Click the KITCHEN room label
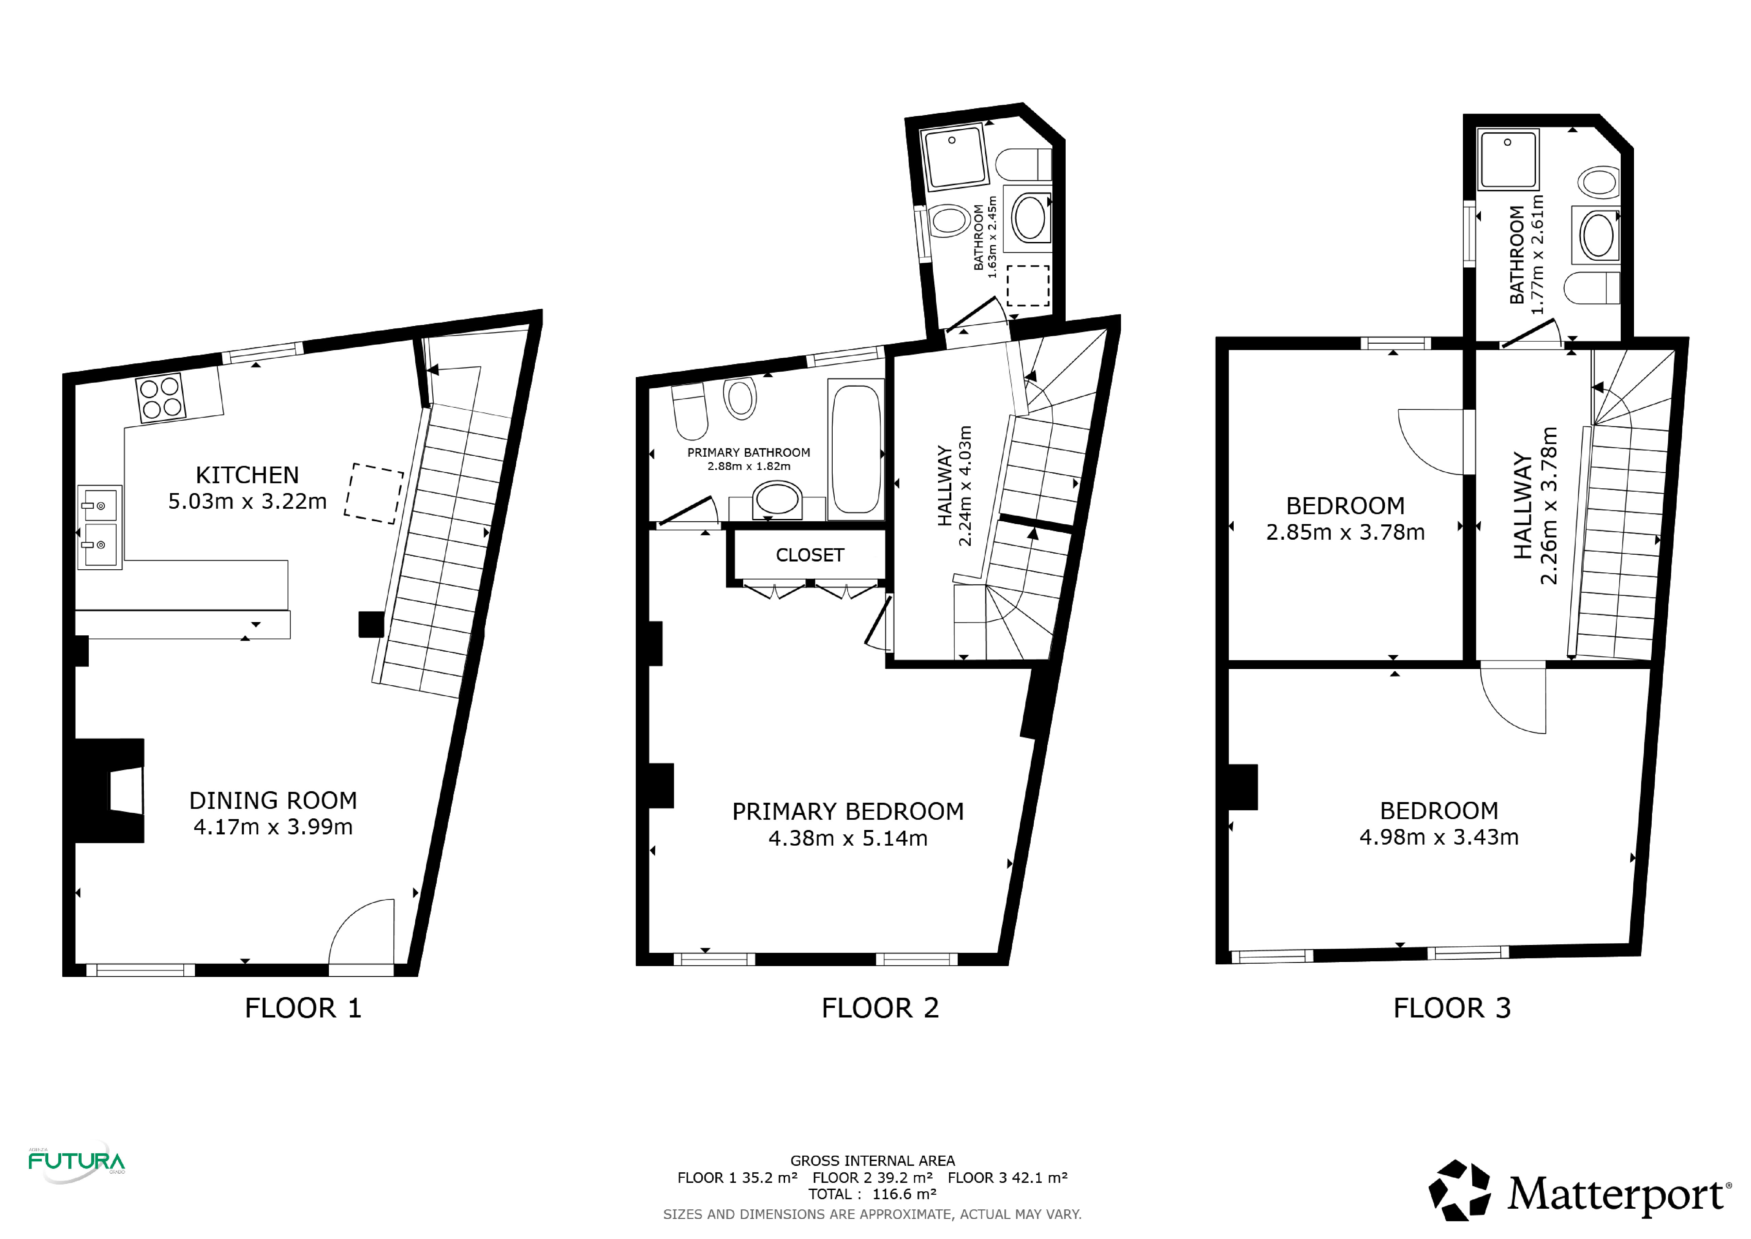click(247, 475)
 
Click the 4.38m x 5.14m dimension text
click(848, 838)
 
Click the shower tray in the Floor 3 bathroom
click(1508, 159)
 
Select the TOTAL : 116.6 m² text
click(872, 1194)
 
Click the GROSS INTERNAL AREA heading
click(872, 1160)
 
